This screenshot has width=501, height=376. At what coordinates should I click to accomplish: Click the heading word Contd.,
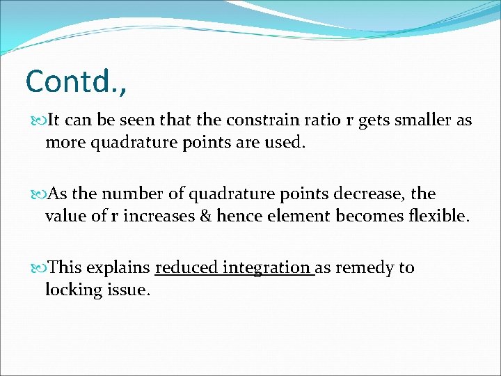(x=77, y=81)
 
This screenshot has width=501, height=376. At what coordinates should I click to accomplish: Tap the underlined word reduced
(x=183, y=267)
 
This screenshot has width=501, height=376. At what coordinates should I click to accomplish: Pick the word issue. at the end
(x=125, y=290)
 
